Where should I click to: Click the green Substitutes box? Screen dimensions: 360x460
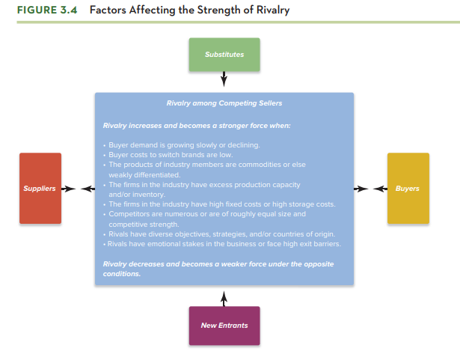click(x=224, y=55)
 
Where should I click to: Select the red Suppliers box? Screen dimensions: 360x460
click(x=40, y=188)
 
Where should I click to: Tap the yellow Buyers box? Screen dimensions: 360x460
click(x=408, y=188)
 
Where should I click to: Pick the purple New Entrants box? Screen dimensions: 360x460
click(x=224, y=326)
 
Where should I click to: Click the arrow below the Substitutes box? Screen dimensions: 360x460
click(x=224, y=80)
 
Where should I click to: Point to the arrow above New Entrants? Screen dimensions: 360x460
click(x=224, y=296)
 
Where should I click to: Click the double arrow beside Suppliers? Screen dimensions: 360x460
click(x=76, y=189)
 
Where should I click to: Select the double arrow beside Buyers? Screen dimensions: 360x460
click(x=371, y=189)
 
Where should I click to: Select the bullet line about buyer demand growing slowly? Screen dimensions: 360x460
click(x=183, y=144)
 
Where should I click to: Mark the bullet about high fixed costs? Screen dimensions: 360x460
click(x=221, y=204)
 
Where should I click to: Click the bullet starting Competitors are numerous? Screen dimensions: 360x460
click(x=206, y=213)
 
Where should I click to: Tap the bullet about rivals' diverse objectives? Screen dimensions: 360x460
click(x=221, y=234)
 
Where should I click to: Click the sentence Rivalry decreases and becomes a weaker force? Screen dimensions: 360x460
click(x=218, y=264)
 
